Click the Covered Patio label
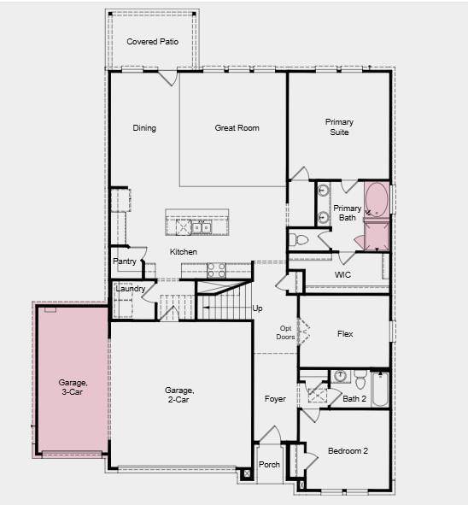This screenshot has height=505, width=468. point(153,41)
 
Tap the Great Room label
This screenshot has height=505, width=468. point(237,128)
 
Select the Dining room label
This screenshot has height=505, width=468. point(144,128)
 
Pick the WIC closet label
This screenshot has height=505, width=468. point(342,274)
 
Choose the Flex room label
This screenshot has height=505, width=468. point(345,334)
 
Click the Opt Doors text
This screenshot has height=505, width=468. point(285,332)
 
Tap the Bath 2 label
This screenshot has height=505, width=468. point(354,398)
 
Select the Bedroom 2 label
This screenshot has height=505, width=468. point(347,450)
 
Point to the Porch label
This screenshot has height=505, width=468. point(269,465)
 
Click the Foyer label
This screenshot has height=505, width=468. point(275,398)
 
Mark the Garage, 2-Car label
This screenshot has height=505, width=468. point(179,394)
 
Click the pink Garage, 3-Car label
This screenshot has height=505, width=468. point(73,387)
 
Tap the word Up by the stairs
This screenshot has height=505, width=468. point(257,308)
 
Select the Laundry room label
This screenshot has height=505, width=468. point(130,288)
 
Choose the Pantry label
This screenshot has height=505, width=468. point(125,261)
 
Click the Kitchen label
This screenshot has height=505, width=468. point(183,252)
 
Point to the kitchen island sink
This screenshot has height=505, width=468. point(201,227)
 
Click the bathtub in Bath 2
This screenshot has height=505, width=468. point(380,390)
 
